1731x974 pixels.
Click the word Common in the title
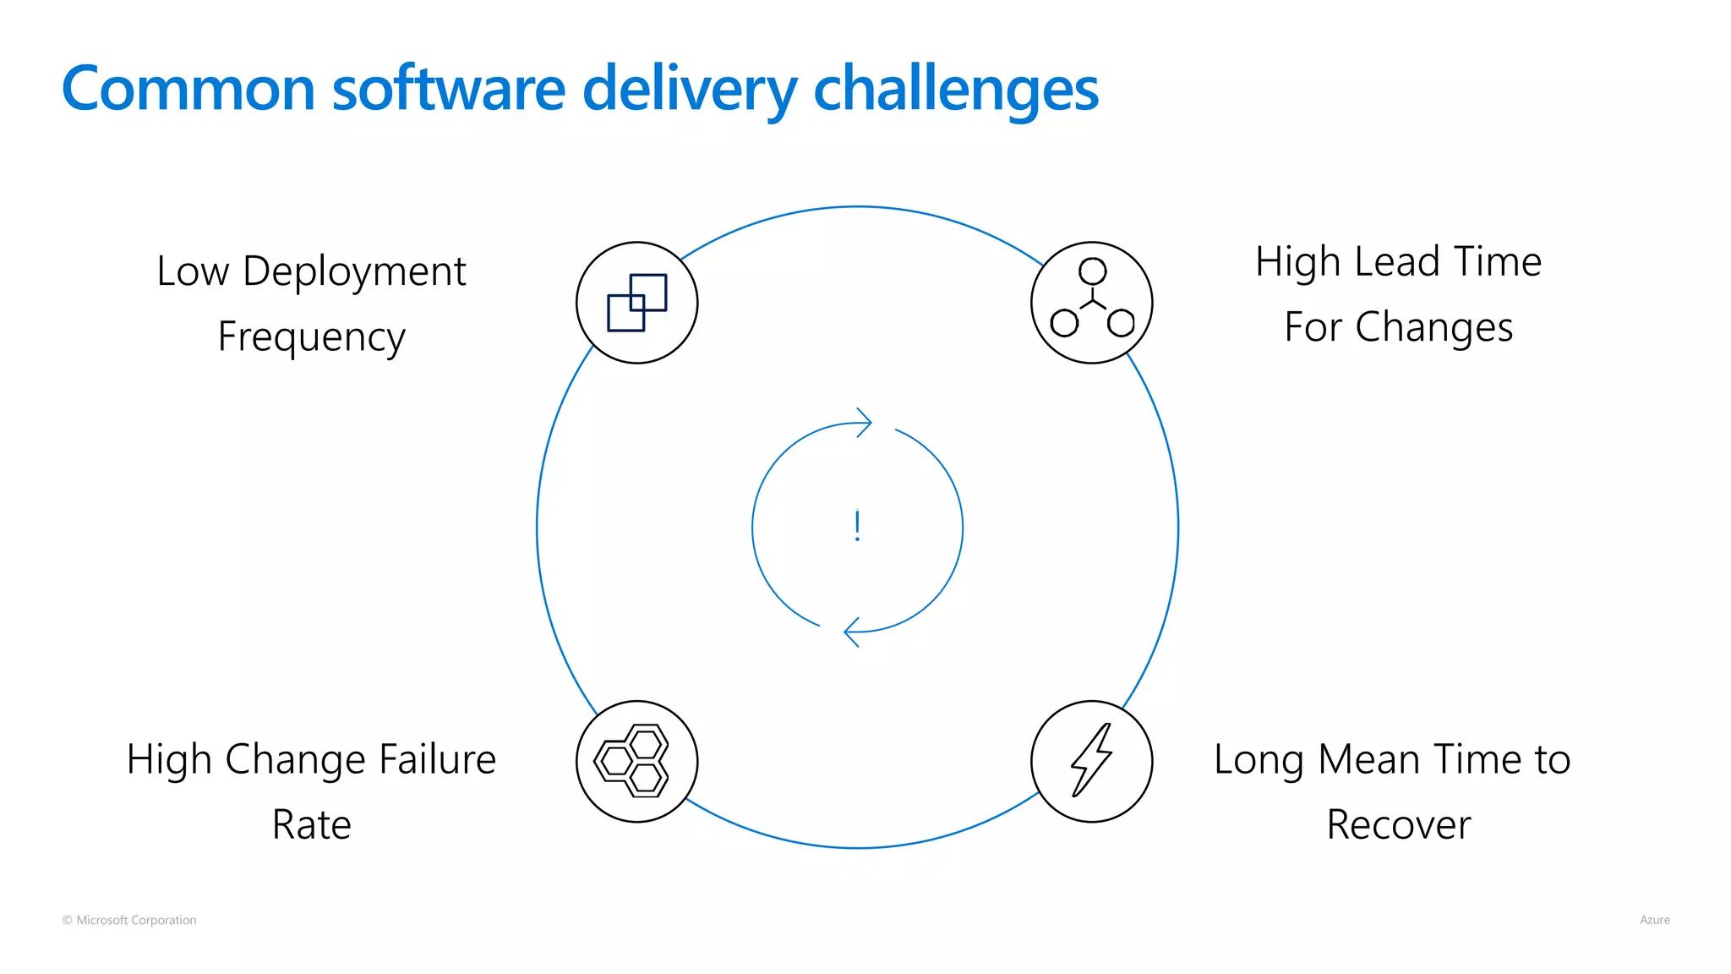(188, 89)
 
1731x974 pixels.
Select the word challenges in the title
(955, 89)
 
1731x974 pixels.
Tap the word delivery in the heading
(690, 89)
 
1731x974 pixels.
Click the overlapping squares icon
(637, 303)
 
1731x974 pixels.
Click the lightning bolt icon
(1092, 760)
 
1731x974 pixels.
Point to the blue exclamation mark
(857, 526)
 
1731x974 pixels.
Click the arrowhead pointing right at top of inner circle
(863, 422)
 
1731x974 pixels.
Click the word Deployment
(354, 272)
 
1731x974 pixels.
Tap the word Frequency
(312, 337)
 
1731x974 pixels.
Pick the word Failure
(437, 759)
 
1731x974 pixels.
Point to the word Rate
(312, 825)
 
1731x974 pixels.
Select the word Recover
(1399, 825)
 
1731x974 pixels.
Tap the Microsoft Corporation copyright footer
(129, 920)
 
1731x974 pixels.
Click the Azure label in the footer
(1654, 920)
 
